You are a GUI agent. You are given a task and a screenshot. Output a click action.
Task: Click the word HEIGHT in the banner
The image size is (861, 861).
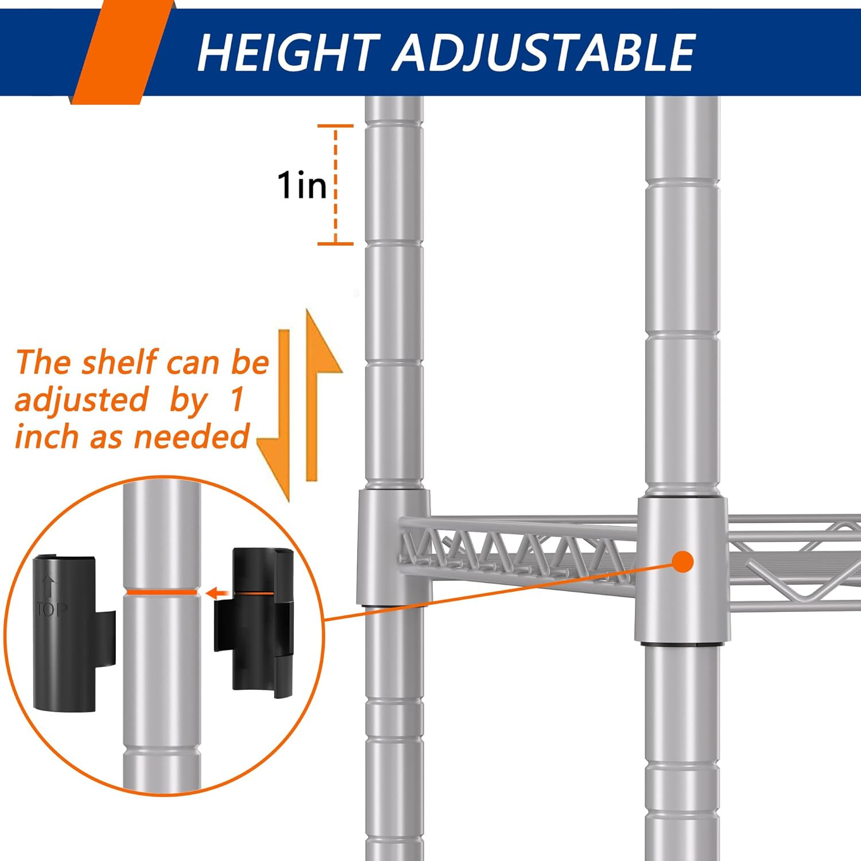[x=287, y=52]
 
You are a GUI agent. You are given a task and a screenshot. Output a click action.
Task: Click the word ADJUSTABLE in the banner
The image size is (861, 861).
[x=544, y=52]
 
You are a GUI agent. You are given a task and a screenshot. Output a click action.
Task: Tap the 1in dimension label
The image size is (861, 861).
[x=301, y=185]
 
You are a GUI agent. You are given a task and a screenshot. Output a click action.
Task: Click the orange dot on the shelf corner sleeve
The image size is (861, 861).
[x=682, y=561]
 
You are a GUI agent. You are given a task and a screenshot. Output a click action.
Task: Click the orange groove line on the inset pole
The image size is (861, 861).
[x=161, y=591]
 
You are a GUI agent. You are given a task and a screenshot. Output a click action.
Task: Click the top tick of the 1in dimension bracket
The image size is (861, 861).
[x=336, y=126]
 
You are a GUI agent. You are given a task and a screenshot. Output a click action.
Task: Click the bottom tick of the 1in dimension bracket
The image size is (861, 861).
[x=336, y=244]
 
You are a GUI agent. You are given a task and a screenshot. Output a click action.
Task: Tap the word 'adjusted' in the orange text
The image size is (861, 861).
[x=82, y=400]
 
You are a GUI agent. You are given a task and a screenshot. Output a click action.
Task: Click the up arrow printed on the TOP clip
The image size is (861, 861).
[x=50, y=587]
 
